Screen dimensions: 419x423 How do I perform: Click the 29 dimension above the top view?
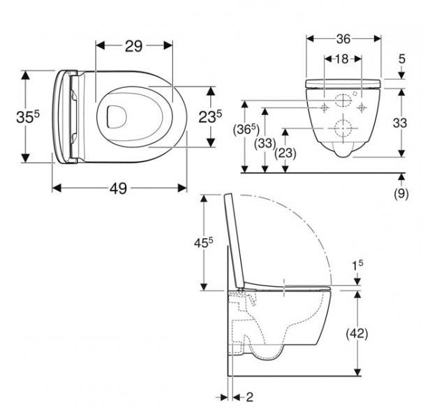point(133,46)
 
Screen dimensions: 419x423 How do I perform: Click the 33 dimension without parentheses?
point(400,124)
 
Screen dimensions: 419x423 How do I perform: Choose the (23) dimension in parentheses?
point(284,152)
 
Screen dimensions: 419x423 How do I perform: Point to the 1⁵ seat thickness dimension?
point(357,265)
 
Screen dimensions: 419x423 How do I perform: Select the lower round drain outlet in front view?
point(342,128)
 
